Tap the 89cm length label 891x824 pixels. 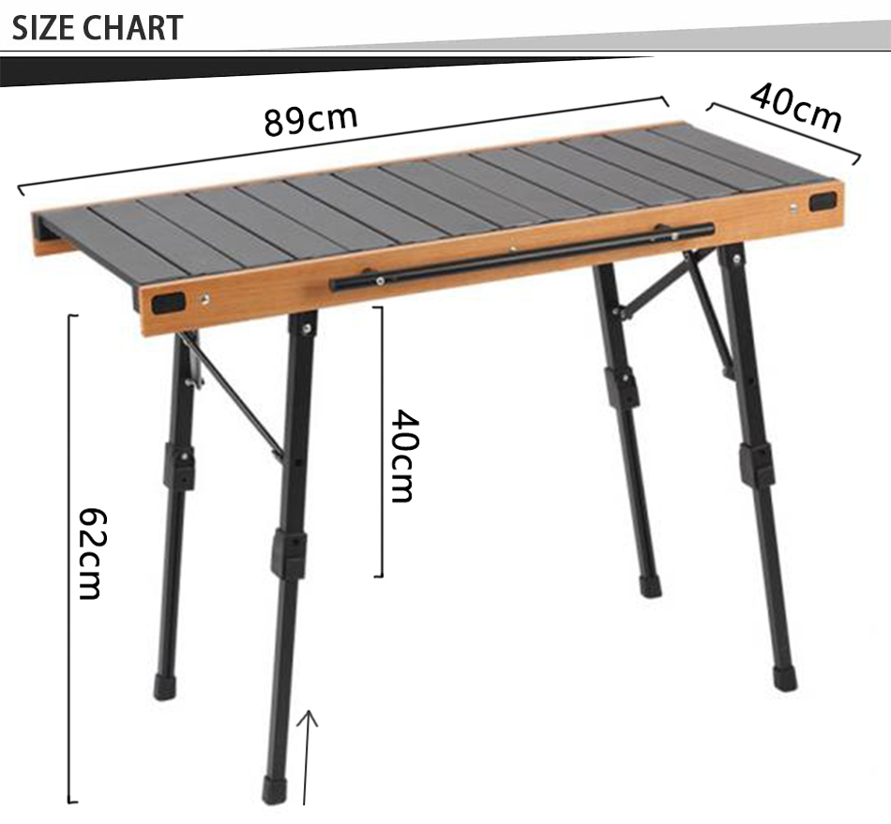coord(310,120)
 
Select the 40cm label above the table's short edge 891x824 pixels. coord(795,109)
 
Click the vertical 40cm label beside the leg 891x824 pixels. coord(402,456)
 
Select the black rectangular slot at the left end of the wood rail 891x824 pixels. coord(170,303)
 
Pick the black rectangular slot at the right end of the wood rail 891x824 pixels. coord(823,201)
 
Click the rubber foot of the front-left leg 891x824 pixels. coord(275,789)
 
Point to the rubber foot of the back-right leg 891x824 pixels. coord(649,587)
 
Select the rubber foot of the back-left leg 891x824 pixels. coord(165,686)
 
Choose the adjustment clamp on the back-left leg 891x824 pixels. coord(178,466)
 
